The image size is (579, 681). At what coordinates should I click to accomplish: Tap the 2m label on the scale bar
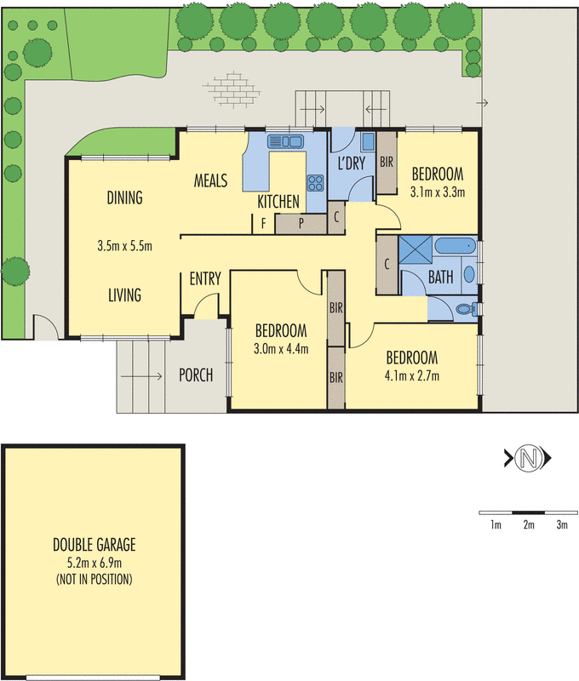528,525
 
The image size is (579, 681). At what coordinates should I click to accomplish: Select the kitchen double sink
285,141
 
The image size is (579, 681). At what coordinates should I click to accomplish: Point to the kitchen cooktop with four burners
315,181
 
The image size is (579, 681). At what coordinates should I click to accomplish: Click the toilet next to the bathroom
465,310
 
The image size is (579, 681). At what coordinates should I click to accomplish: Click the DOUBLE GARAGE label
94,545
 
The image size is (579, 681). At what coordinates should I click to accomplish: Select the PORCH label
196,375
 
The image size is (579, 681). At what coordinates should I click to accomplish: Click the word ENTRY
205,278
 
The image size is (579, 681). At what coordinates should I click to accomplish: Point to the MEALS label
210,180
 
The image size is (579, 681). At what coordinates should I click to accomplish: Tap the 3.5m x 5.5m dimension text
124,247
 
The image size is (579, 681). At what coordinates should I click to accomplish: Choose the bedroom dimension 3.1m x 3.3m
437,192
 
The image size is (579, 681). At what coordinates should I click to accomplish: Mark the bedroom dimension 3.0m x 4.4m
281,348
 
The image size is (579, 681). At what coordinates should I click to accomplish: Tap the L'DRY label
351,162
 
